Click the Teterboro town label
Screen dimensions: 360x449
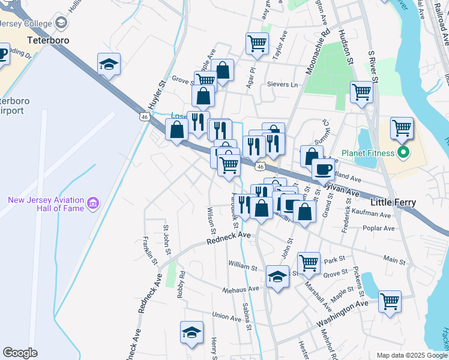point(49,41)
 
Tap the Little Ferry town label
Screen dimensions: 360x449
point(393,203)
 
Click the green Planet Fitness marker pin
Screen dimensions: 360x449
point(403,152)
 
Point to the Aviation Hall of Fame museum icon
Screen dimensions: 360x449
point(93,204)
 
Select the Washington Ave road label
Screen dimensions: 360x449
point(343,314)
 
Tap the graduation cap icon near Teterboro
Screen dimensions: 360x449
point(109,64)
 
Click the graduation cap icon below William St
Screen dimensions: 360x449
point(277,277)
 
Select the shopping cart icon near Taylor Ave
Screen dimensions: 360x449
point(257,43)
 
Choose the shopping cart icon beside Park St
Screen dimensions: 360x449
point(309,262)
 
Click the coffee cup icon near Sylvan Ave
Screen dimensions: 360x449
point(323,170)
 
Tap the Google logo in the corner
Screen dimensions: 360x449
point(20,352)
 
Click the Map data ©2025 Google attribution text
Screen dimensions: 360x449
point(411,355)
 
